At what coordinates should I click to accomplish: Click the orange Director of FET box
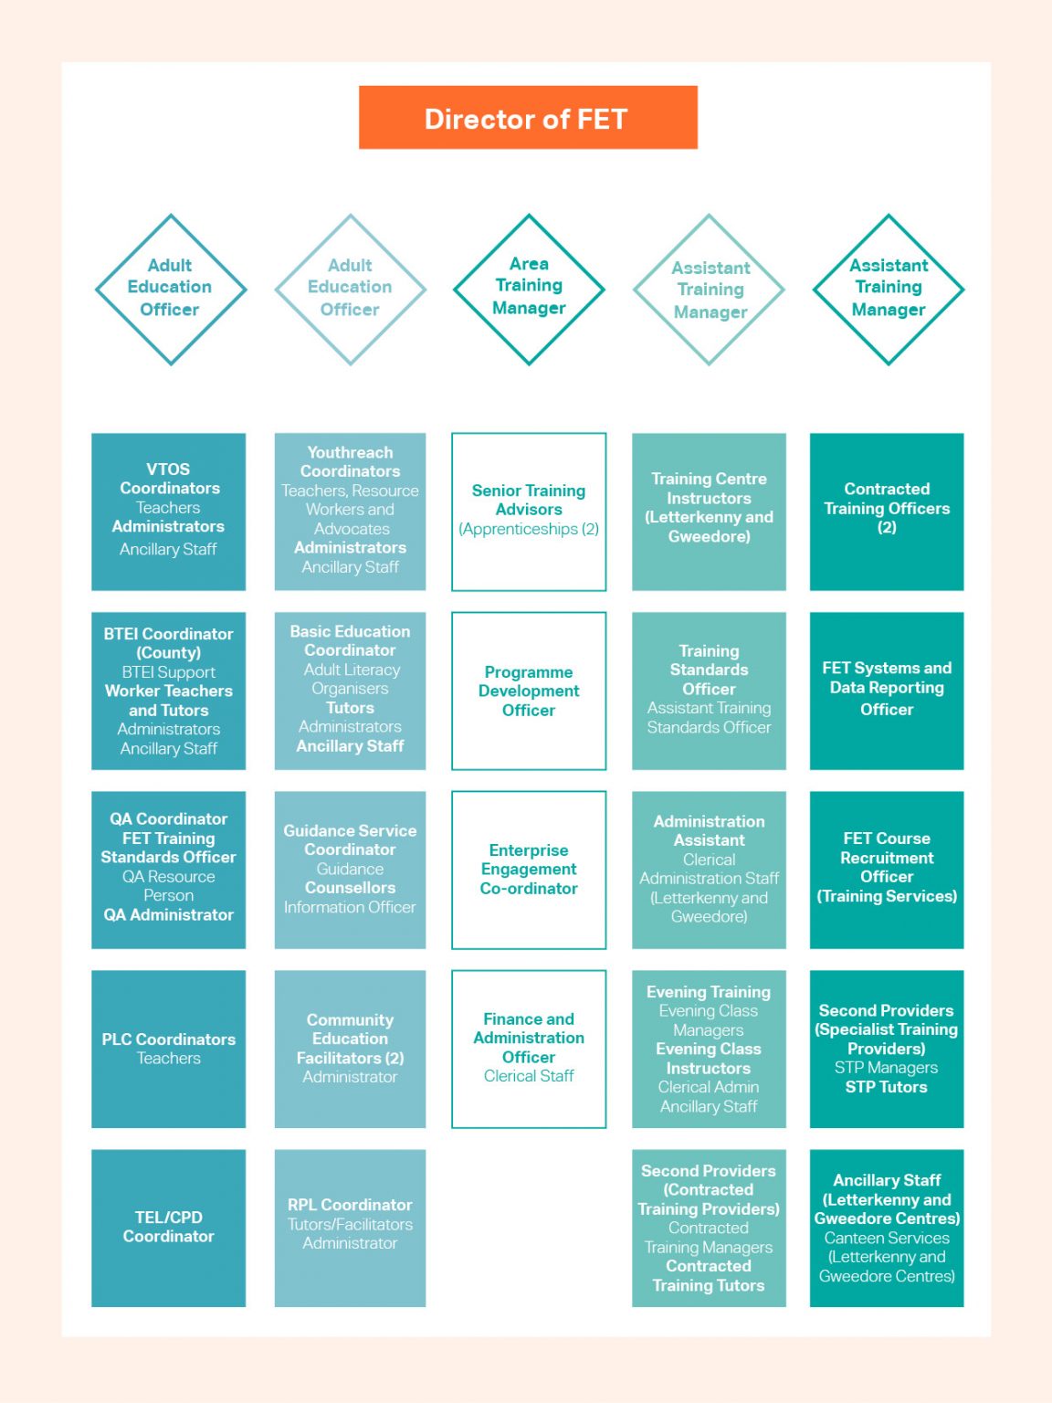pyautogui.click(x=528, y=118)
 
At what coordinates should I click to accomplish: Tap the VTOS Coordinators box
pyautogui.click(x=169, y=512)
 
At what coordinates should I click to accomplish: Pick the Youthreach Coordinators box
pyautogui.click(x=350, y=512)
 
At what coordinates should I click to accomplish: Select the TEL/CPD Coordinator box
pyautogui.click(x=169, y=1228)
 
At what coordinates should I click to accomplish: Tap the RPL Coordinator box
pyautogui.click(x=350, y=1228)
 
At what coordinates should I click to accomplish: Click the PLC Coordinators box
pyautogui.click(x=169, y=1049)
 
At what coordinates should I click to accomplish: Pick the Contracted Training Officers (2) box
pyautogui.click(x=887, y=512)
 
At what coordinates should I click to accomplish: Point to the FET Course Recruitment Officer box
pyautogui.click(x=887, y=870)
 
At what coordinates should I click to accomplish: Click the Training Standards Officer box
pyautogui.click(x=709, y=691)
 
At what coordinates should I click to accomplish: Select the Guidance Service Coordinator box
pyautogui.click(x=350, y=870)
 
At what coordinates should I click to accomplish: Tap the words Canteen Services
pyautogui.click(x=887, y=1238)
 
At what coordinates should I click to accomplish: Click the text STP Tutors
pyautogui.click(x=886, y=1087)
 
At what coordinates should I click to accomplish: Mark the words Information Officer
pyautogui.click(x=350, y=907)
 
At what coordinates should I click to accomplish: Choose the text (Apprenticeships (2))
pyautogui.click(x=529, y=529)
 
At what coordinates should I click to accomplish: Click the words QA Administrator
pyautogui.click(x=169, y=914)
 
